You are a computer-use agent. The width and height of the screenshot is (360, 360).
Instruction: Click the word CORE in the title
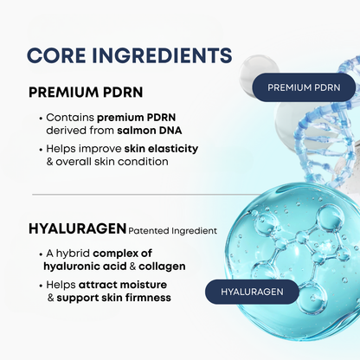pos(56,55)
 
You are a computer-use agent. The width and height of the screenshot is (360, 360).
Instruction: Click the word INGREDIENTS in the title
pos(162,55)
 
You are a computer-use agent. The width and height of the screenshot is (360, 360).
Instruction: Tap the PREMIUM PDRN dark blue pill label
pos(304,87)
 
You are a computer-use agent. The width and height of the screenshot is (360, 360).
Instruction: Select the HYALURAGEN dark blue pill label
pos(252,292)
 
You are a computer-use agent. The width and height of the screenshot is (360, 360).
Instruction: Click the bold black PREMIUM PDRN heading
pos(86,93)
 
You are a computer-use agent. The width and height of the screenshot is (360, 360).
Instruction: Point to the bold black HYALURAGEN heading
pos(77,228)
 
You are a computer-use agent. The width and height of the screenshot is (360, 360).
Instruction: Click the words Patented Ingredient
pos(172,231)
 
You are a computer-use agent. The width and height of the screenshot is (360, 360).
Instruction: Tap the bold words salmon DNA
pos(150,131)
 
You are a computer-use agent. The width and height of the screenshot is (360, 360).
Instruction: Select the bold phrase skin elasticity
pos(161,149)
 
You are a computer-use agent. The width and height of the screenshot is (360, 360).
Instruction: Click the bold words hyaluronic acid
pos(85,267)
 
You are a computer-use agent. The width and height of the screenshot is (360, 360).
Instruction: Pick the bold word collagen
pos(162,267)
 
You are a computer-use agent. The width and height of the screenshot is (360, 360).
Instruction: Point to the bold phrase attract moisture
pos(123,285)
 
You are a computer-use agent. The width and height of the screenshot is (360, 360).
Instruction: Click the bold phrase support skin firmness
pos(113,298)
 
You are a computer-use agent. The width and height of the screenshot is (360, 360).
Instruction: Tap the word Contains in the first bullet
pos(70,118)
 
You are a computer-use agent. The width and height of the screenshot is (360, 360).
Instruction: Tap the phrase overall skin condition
pos(112,162)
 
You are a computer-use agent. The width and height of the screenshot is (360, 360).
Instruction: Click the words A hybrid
pos(68,254)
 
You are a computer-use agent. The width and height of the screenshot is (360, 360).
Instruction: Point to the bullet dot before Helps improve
pos(41,150)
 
